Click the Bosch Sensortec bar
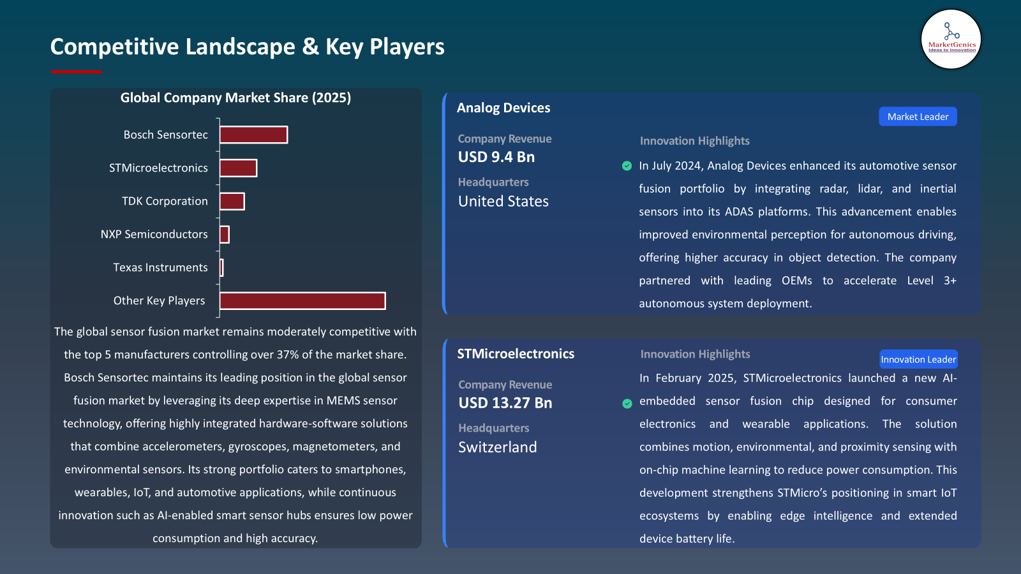click(x=253, y=135)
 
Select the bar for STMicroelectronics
click(x=238, y=168)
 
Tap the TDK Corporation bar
click(x=232, y=201)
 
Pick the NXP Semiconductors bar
click(x=224, y=234)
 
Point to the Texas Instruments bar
click(x=221, y=267)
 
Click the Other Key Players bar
click(x=302, y=300)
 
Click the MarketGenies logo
click(x=951, y=39)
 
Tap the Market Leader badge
click(x=918, y=117)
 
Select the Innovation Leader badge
click(x=918, y=359)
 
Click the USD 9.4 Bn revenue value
click(x=496, y=157)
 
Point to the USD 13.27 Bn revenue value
click(x=505, y=403)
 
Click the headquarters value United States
click(x=503, y=202)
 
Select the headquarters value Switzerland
click(x=498, y=447)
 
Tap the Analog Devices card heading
click(x=503, y=108)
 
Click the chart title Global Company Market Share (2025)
click(x=235, y=98)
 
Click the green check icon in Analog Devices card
click(x=627, y=166)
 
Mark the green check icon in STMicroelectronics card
click(x=627, y=403)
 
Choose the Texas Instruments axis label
click(x=160, y=267)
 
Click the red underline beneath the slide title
click(x=76, y=71)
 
